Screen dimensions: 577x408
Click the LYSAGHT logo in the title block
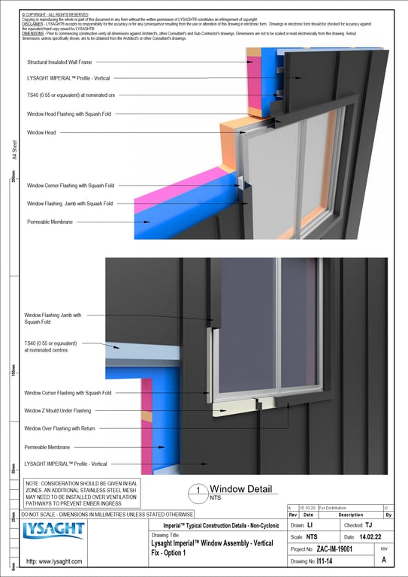54,531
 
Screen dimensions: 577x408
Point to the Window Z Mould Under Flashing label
68,411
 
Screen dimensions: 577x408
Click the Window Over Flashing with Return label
70,428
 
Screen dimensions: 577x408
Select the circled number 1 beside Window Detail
197,492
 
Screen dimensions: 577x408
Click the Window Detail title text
240,489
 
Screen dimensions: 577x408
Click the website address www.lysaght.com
53,561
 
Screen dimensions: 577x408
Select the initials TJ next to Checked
369,525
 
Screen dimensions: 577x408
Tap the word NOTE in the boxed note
33,484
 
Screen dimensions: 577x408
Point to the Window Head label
42,132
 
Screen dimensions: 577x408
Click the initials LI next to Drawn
310,525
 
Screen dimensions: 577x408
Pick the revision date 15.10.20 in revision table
308,509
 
